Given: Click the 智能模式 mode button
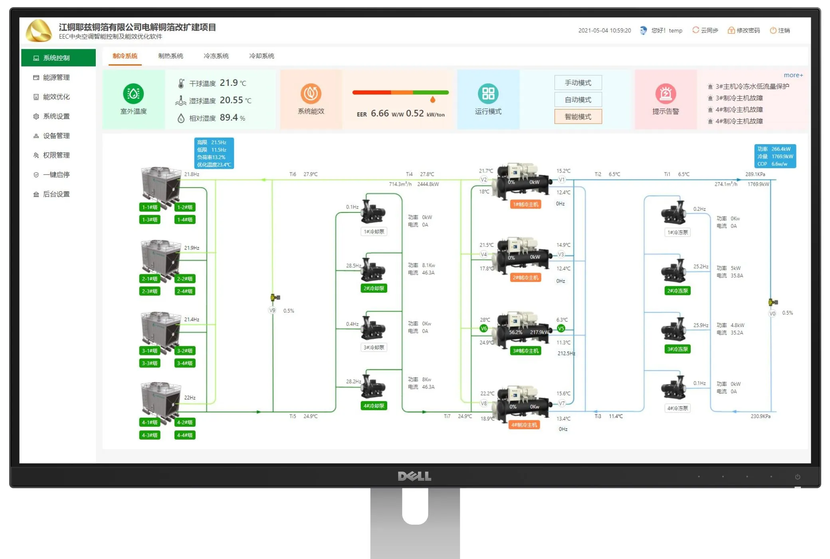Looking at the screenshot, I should tap(578, 117).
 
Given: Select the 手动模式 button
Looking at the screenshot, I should tap(578, 83).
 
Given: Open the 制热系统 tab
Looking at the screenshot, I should tap(170, 56).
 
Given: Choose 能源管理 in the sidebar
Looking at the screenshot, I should tap(56, 77).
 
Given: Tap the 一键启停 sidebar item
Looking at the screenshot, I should tap(56, 174).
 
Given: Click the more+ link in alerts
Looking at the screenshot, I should tap(793, 75).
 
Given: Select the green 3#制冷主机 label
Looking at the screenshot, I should tap(525, 351).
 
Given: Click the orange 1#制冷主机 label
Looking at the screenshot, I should tap(525, 204).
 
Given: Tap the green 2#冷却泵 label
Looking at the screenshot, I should tap(374, 288).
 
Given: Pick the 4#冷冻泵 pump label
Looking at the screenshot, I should tap(677, 408).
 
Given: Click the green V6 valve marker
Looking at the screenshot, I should tap(483, 329).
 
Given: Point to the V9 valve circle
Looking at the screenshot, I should tap(272, 310).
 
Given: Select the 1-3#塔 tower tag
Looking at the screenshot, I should tap(150, 220).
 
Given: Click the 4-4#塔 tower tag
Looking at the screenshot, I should tap(185, 435).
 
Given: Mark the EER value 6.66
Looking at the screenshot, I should tap(380, 113).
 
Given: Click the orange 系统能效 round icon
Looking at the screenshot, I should tap(311, 93).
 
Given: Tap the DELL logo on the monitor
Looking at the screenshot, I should tap(414, 476).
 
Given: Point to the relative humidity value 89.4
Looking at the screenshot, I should tap(229, 117).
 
